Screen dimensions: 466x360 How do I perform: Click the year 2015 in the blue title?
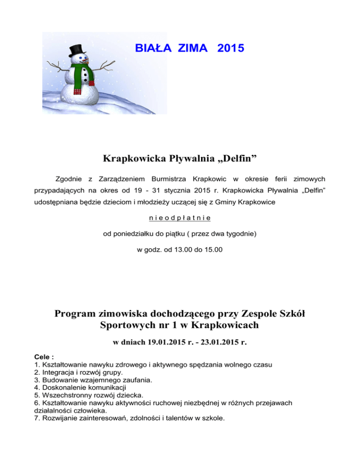(231, 48)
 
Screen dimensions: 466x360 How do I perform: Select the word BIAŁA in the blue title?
(149, 48)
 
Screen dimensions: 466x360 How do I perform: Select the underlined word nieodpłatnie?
(180, 218)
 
